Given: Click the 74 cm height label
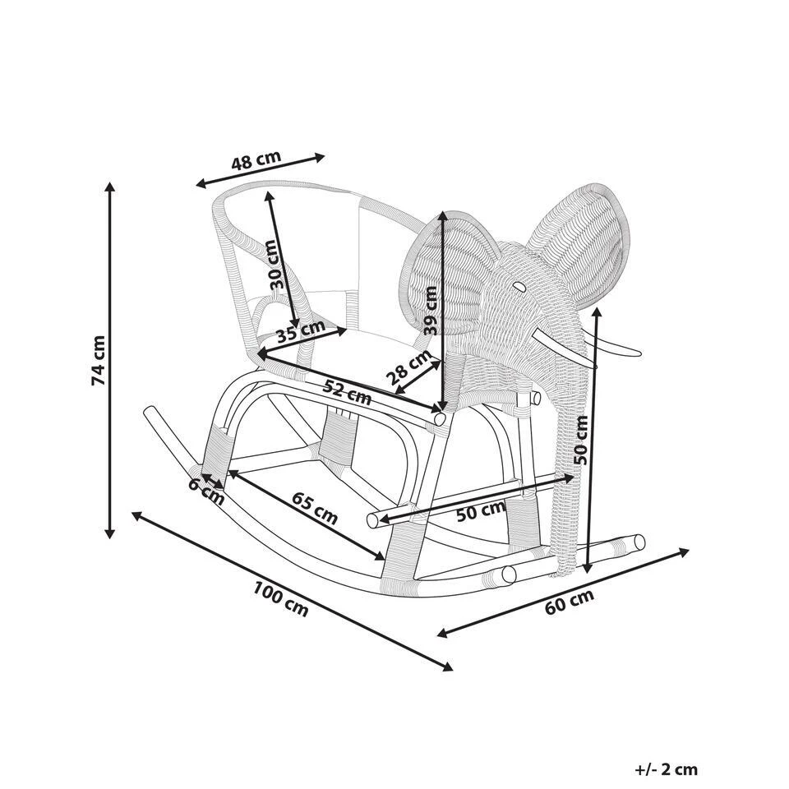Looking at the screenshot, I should pos(98,360).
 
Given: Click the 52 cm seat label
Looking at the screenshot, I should pos(346,392).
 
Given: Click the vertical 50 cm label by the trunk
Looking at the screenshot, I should pos(582,440).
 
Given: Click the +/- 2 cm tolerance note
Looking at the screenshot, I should pos(666,770).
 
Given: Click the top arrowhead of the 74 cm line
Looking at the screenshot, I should pos(109,187).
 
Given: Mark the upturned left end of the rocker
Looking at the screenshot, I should pos(150,413).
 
